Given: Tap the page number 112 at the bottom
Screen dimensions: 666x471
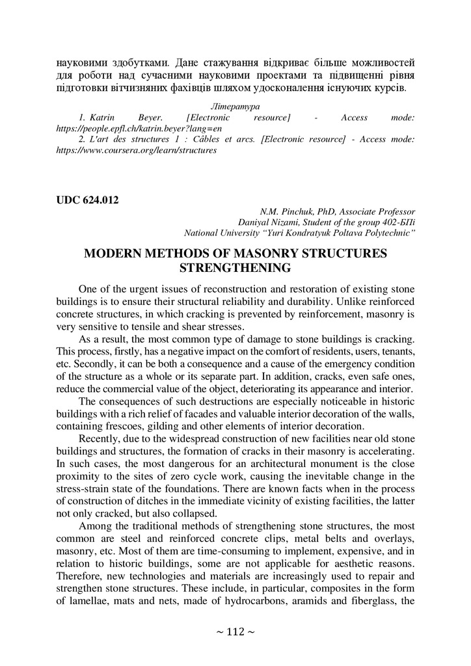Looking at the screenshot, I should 235,632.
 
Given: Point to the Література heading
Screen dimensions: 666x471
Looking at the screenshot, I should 235,105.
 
